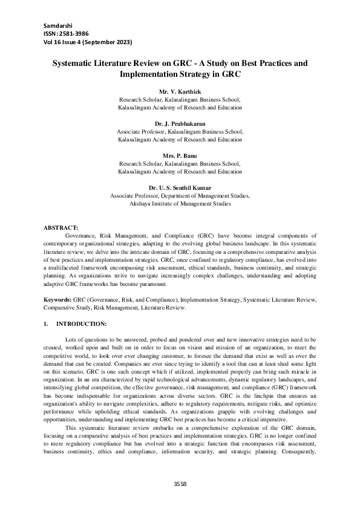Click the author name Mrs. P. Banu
tap(180, 155)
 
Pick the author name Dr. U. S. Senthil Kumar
tap(180, 188)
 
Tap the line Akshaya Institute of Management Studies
tap(180, 204)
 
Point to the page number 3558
tap(180, 484)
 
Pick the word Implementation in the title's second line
tap(146, 74)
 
